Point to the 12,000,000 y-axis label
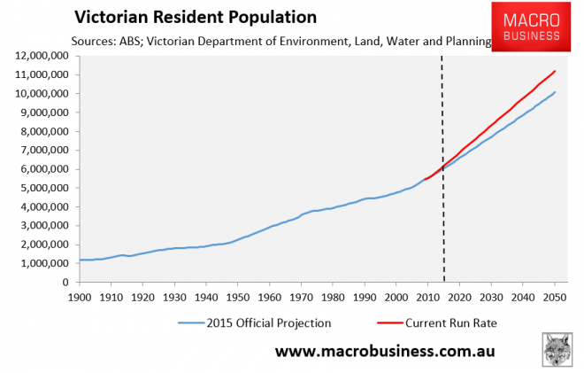[41, 56]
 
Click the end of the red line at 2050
[555, 71]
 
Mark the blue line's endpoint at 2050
[555, 92]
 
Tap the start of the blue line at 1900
[81, 260]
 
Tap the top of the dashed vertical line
[444, 57]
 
